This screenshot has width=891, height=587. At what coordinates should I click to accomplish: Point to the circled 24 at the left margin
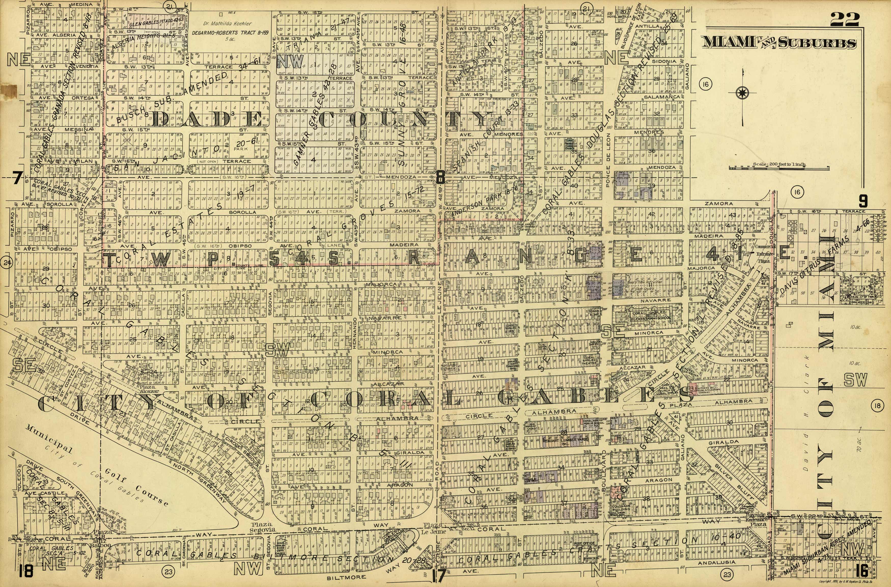(7, 262)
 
